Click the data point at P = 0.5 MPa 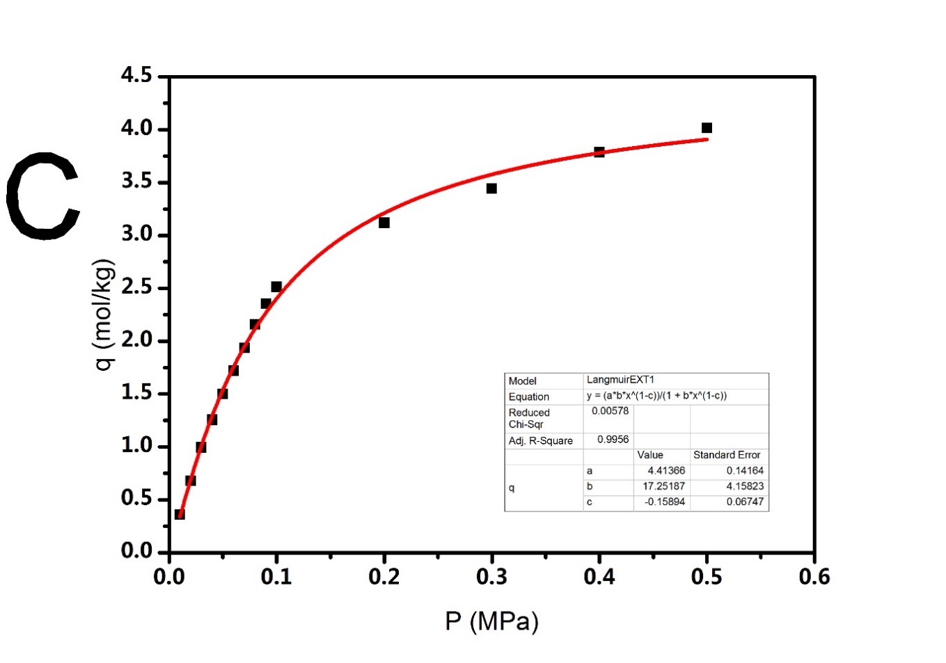pos(707,128)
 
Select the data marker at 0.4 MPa pos(599,152)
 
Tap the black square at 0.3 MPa pos(491,189)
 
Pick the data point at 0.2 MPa pos(384,223)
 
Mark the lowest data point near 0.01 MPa pos(180,514)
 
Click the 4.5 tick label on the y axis pos(136,75)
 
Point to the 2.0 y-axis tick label pos(136,340)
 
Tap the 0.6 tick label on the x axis pos(814,577)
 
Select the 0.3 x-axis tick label pos(491,577)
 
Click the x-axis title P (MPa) pos(491,621)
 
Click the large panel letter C pos(43,197)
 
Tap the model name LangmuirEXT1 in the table pos(620,380)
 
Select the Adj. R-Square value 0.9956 pos(613,440)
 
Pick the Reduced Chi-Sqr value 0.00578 pos(610,411)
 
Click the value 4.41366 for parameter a pos(666,471)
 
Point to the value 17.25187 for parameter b pos(663,486)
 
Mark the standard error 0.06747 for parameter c pos(745,502)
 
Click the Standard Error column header pos(727,455)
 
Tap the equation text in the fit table pos(656,396)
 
